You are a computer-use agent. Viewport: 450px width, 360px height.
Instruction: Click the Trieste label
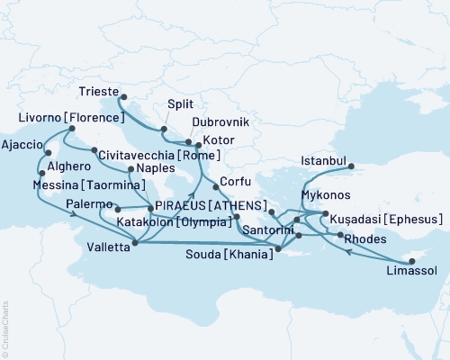pos(96,91)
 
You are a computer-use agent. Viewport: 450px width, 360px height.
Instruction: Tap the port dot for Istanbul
pos(352,166)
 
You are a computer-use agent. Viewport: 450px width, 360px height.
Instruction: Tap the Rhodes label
pos(369,238)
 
